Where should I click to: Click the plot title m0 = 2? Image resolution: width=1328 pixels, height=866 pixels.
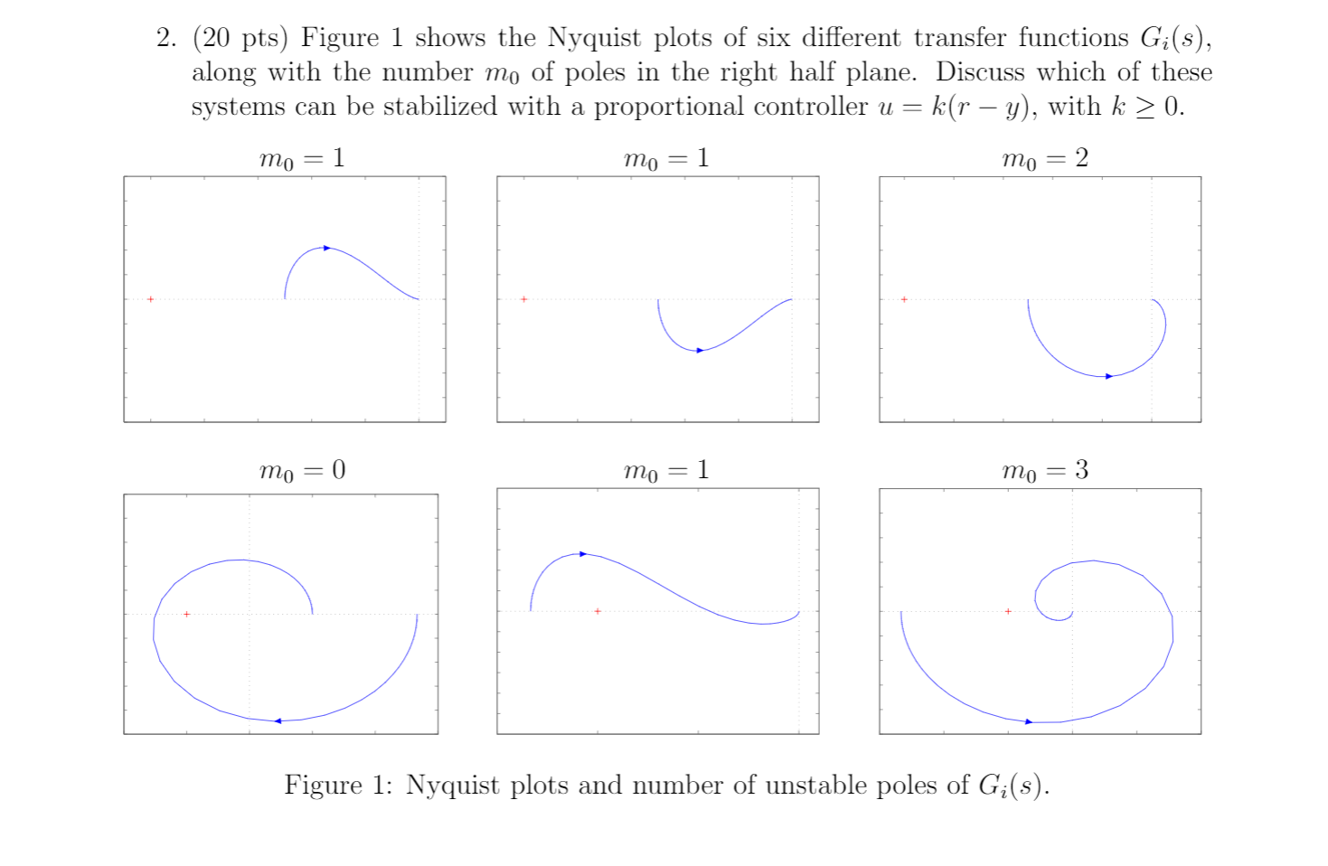pos(1044,159)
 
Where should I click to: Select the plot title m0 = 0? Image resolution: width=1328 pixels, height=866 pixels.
pos(302,471)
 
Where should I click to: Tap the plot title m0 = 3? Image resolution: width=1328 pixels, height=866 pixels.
pos(1044,471)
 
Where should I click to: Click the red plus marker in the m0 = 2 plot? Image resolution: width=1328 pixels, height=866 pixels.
pos(904,299)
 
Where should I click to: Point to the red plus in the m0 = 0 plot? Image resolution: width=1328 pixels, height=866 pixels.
pos(186,614)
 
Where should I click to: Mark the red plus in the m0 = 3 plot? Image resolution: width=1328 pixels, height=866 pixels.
pos(1008,612)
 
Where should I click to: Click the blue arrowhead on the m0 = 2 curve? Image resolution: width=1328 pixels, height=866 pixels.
pos(1109,376)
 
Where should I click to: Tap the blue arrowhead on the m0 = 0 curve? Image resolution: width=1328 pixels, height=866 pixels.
pos(278,720)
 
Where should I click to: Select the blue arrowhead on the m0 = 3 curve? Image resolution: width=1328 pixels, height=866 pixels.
pos(1029,721)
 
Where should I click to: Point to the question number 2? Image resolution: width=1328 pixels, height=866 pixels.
pos(165,38)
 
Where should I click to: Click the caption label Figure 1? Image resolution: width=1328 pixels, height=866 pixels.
pos(338,785)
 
